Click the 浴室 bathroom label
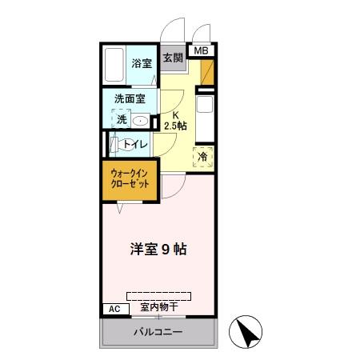pyautogui.click(x=142, y=62)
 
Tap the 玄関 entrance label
pyautogui.click(x=172, y=58)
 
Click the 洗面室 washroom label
pyautogui.click(x=129, y=99)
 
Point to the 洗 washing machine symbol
pyautogui.click(x=122, y=119)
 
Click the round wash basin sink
pyautogui.click(x=141, y=121)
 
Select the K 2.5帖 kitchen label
pyautogui.click(x=173, y=120)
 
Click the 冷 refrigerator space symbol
pyautogui.click(x=203, y=156)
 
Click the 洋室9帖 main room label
pyautogui.click(x=159, y=249)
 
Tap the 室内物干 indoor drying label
pyautogui.click(x=158, y=306)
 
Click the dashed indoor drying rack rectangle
pyautogui.click(x=158, y=294)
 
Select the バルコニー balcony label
pyautogui.click(x=158, y=332)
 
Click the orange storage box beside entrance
pyautogui.click(x=207, y=74)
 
